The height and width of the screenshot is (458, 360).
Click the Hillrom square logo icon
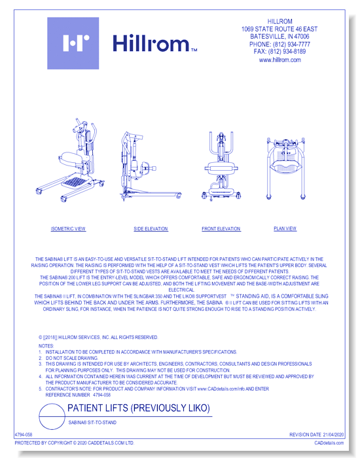point(73,43)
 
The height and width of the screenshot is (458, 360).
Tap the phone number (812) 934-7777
point(279,44)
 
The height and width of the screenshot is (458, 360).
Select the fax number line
point(279,51)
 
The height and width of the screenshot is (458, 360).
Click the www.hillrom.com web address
point(279,60)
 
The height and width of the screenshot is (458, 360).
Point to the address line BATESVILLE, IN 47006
point(279,37)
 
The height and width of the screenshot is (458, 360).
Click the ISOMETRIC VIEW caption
point(68,229)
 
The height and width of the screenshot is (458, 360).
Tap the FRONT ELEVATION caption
point(221,229)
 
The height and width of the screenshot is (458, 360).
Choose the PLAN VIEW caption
point(285,229)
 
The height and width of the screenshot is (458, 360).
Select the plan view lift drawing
point(286,167)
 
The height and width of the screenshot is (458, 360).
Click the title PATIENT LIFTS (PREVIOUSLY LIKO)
point(139,408)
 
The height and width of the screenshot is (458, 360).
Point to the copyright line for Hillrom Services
point(98,337)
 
